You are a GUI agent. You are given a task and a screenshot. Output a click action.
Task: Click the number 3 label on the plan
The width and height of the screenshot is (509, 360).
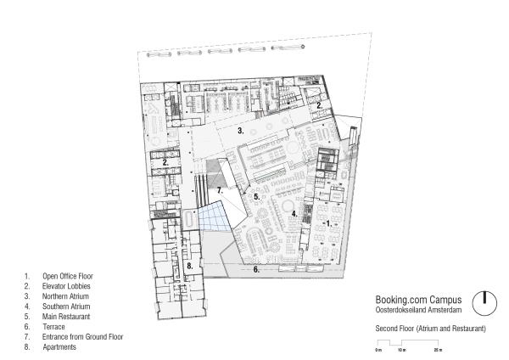(240, 131)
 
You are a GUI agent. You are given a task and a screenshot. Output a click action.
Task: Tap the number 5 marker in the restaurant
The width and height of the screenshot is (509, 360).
(257, 197)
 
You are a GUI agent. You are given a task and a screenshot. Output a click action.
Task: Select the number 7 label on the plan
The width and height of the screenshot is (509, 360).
(220, 190)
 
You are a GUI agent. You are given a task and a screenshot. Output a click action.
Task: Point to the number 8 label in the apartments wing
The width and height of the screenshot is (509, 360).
(190, 266)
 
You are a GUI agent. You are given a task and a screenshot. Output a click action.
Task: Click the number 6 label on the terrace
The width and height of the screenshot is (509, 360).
(256, 269)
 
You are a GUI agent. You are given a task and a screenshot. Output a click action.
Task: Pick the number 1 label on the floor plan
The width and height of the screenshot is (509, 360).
(329, 223)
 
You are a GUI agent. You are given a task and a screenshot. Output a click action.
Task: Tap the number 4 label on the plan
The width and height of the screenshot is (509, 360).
(294, 214)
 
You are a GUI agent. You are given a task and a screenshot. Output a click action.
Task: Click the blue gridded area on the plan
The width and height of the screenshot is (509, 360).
(214, 216)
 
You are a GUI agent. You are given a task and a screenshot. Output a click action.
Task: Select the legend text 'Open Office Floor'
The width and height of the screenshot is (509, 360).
(68, 276)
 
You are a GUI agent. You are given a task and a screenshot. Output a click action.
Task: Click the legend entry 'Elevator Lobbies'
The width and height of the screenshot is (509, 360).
(66, 286)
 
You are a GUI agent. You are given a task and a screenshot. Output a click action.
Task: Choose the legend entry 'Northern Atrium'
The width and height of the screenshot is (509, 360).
(65, 296)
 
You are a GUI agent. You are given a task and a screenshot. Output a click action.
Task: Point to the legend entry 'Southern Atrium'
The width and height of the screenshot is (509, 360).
(66, 307)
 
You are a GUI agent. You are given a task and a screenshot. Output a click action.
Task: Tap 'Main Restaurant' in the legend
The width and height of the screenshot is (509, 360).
(66, 317)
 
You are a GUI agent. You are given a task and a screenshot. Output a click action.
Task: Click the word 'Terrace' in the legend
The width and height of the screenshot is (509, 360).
(53, 327)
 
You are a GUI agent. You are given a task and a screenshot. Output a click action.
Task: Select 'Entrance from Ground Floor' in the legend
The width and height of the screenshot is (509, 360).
(83, 337)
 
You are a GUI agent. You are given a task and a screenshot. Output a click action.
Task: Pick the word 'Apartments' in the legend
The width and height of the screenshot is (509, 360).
(59, 347)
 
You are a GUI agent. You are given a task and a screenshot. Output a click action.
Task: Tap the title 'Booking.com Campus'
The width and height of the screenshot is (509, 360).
(418, 300)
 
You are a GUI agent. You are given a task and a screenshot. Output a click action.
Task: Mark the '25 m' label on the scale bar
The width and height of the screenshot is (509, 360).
(438, 350)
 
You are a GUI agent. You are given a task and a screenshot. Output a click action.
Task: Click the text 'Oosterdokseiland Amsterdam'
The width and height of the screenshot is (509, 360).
(418, 310)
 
